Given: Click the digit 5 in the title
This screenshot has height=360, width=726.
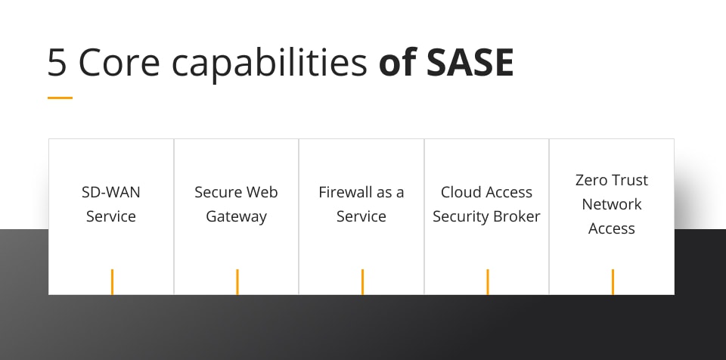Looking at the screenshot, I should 57,63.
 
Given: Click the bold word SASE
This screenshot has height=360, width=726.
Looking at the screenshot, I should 470,63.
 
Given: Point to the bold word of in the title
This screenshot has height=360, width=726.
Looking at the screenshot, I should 397,63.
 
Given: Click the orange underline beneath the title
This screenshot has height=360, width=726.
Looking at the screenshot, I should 60,98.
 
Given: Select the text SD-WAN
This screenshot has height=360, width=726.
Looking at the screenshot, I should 111,192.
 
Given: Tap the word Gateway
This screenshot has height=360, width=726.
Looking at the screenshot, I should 237,216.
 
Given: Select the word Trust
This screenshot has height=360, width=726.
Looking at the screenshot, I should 631,180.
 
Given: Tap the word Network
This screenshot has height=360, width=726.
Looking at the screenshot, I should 612,204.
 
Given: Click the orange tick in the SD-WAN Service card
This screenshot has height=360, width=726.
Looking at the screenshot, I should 112,281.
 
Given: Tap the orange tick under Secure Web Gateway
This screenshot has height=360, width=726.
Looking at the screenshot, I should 237,281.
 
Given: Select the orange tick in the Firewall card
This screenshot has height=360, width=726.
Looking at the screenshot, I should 362,281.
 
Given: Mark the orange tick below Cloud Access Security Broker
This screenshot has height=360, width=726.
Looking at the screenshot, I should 487,281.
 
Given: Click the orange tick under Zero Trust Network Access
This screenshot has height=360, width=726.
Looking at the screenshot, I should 613,281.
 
